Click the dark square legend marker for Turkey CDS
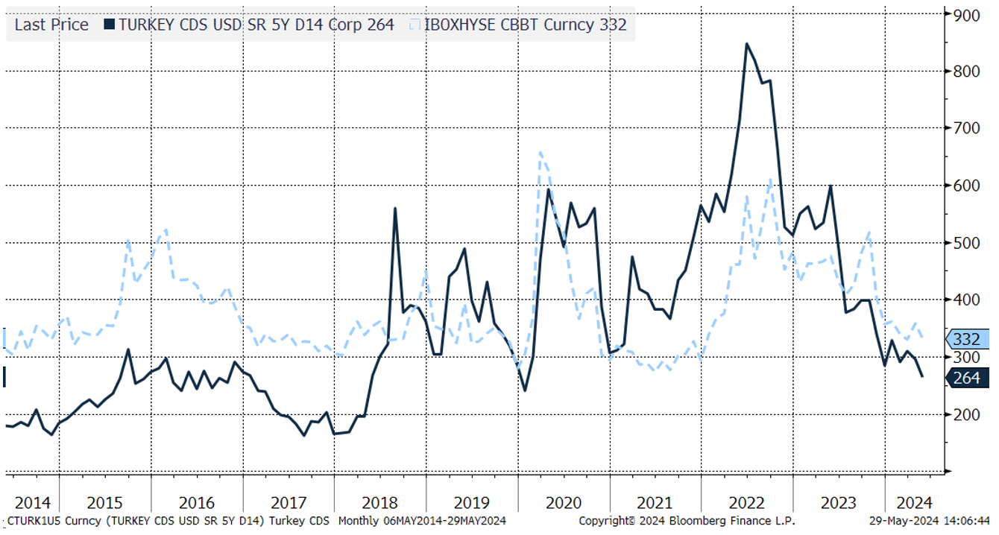tap(110, 25)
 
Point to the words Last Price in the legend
tap(51, 25)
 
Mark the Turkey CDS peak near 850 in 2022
tap(746, 44)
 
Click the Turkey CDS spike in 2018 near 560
tap(394, 209)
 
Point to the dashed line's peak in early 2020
tap(540, 153)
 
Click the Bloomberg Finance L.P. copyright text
tap(687, 520)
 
